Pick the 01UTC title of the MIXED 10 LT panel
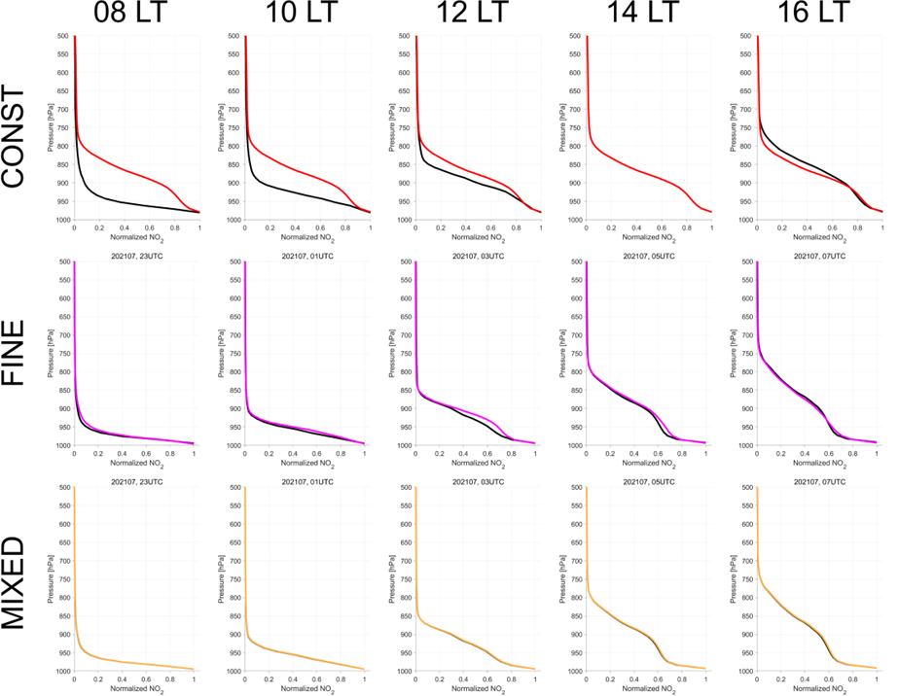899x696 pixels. pos(306,481)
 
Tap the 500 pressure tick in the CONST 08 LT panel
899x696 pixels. pos(62,37)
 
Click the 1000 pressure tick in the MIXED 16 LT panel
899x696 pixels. pos(743,672)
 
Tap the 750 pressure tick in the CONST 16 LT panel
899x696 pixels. pos(745,128)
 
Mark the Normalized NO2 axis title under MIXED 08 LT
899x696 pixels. pos(135,688)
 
